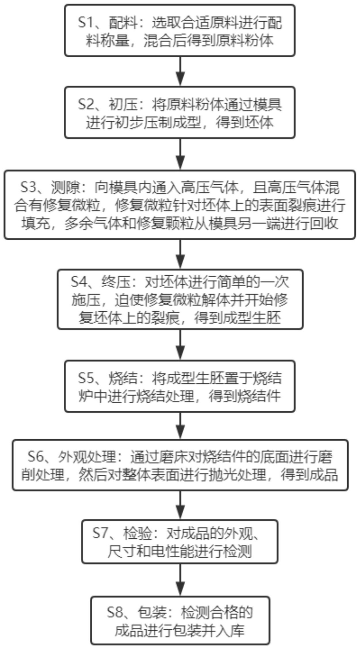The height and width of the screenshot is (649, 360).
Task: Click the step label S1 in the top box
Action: pyautogui.click(x=85, y=23)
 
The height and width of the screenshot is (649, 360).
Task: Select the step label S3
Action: pyautogui.click(x=28, y=188)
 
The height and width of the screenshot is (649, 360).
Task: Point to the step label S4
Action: pyautogui.click(x=78, y=282)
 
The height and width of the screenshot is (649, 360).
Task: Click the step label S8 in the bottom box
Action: pyautogui.click(x=114, y=612)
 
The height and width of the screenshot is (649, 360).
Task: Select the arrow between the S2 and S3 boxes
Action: pyautogui.click(x=180, y=154)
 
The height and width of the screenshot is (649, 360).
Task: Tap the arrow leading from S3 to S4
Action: pyautogui.click(x=180, y=254)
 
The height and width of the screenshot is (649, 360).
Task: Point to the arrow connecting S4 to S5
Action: pyautogui.click(x=180, y=345)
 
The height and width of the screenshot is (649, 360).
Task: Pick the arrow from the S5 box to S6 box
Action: pyautogui.click(x=180, y=426)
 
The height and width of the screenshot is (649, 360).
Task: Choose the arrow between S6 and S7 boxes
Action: pyautogui.click(x=180, y=505)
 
